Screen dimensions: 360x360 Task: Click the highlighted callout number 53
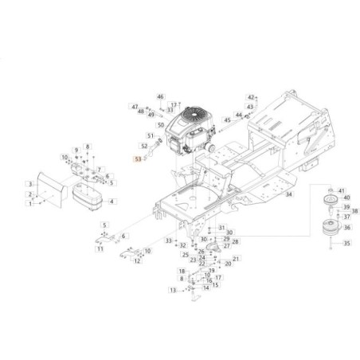(137, 159)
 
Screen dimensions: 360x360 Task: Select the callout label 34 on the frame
(268, 194)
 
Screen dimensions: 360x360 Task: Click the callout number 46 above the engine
(159, 96)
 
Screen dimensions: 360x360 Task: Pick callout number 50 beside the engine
(160, 125)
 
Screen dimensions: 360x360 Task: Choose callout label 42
(249, 96)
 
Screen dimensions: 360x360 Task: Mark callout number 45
(226, 119)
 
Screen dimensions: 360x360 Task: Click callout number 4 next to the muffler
(112, 202)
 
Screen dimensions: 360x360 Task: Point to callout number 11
(100, 249)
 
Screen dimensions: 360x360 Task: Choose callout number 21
(236, 259)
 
